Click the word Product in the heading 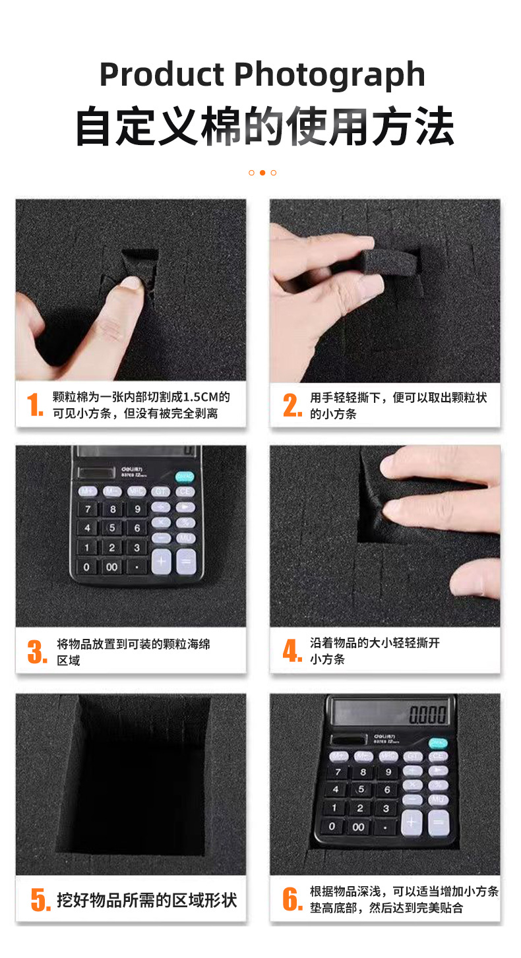pyautogui.click(x=162, y=75)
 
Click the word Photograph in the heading pyautogui.click(x=330, y=76)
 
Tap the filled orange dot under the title pyautogui.click(x=262, y=173)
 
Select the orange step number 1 pyautogui.click(x=35, y=405)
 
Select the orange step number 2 pyautogui.click(x=293, y=405)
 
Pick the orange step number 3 pyautogui.click(x=37, y=652)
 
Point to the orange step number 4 pyautogui.click(x=293, y=651)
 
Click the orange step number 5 pyautogui.click(x=41, y=899)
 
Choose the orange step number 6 pyautogui.click(x=293, y=899)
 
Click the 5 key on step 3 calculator pyautogui.click(x=112, y=527)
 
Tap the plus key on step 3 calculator pyautogui.click(x=162, y=562)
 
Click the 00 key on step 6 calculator pyautogui.click(x=359, y=827)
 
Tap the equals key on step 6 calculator pyautogui.click(x=439, y=822)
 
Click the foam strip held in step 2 pyautogui.click(x=389, y=260)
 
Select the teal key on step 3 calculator pyautogui.click(x=185, y=477)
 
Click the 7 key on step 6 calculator pyautogui.click(x=338, y=772)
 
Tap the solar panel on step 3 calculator pyautogui.click(x=97, y=473)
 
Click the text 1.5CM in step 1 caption pyautogui.click(x=200, y=398)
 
